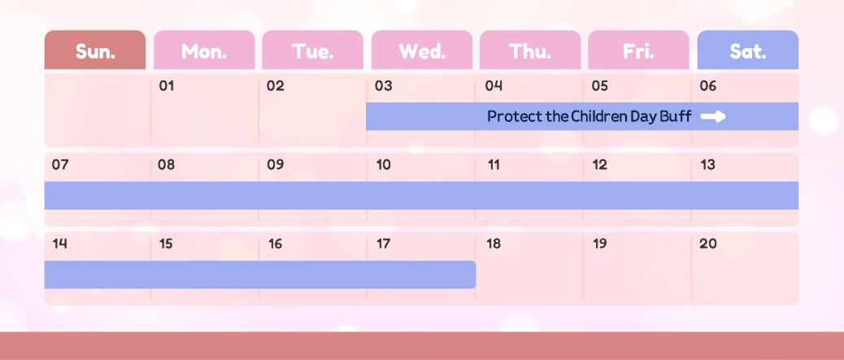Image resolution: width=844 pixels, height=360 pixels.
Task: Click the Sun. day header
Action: pyautogui.click(x=95, y=50)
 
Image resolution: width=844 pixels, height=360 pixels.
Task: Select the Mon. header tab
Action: pyautogui.click(x=204, y=50)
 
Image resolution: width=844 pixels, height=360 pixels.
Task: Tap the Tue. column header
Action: pyautogui.click(x=313, y=50)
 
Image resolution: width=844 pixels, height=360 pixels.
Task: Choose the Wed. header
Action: pyautogui.click(x=422, y=50)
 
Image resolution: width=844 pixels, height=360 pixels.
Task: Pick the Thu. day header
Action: pyautogui.click(x=530, y=50)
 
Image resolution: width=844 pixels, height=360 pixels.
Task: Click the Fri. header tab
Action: pyautogui.click(x=638, y=50)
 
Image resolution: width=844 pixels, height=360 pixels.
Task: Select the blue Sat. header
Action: pyautogui.click(x=748, y=50)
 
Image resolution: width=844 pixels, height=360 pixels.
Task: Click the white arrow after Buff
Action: pyautogui.click(x=713, y=116)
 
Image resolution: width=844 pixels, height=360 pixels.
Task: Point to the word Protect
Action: pyautogui.click(x=515, y=116)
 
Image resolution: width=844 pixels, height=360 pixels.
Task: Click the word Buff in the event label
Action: pyautogui.click(x=678, y=116)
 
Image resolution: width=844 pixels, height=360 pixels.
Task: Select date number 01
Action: pyautogui.click(x=167, y=86)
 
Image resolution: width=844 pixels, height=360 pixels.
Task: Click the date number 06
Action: pyautogui.click(x=708, y=86)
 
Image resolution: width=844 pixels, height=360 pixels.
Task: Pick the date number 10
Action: pyautogui.click(x=383, y=165)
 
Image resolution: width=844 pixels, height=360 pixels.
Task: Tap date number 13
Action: pyautogui.click(x=708, y=165)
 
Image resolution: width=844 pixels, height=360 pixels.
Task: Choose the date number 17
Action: pyautogui.click(x=383, y=244)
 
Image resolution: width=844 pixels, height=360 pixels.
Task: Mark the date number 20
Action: pyautogui.click(x=708, y=244)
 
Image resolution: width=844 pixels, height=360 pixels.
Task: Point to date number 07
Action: pyautogui.click(x=60, y=165)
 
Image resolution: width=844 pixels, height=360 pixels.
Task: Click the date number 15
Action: pyautogui.click(x=166, y=244)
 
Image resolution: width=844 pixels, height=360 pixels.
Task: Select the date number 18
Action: pyautogui.click(x=493, y=244)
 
